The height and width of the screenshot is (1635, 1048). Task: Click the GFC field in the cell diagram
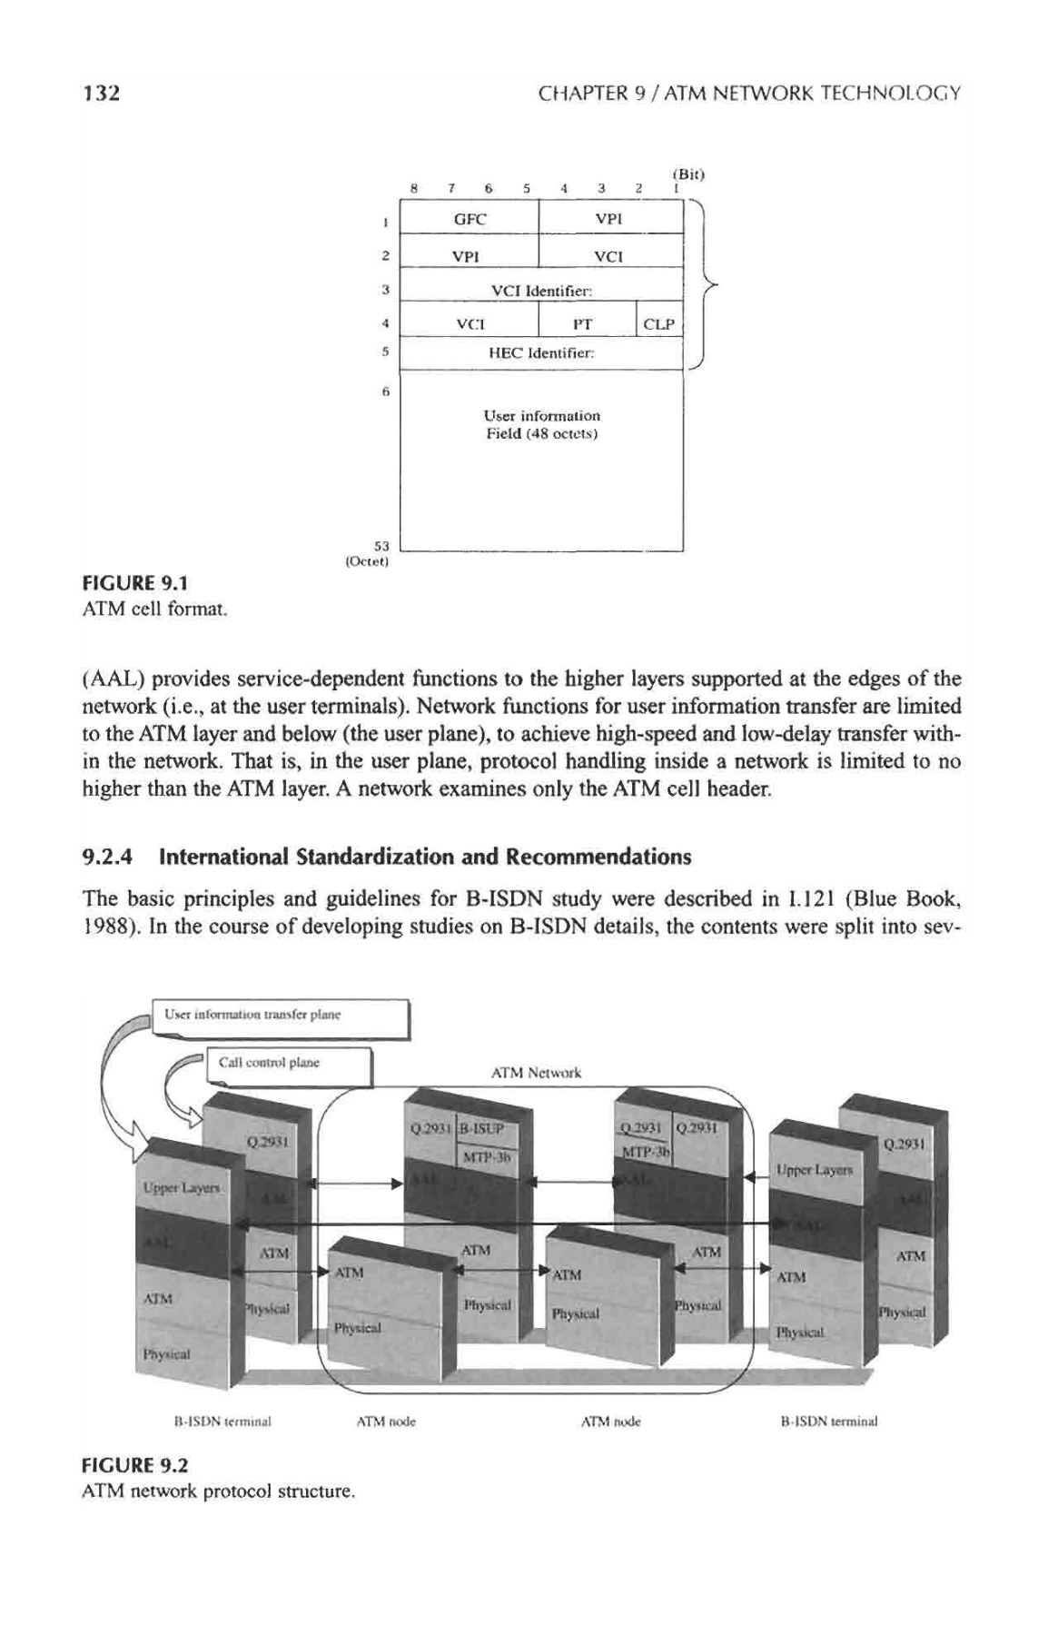470,219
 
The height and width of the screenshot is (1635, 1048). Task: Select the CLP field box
659,322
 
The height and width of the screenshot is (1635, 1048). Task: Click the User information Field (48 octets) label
541,424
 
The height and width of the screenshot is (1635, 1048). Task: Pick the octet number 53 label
381,546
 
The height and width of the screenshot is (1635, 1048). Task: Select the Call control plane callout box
290,1065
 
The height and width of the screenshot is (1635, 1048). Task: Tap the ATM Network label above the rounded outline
535,1073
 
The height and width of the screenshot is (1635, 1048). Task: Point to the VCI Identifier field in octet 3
541,290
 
